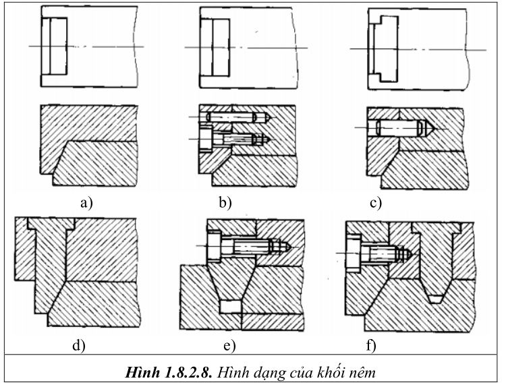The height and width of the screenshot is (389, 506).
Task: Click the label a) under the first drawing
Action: (x=86, y=203)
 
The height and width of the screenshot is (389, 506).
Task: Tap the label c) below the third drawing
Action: (x=376, y=203)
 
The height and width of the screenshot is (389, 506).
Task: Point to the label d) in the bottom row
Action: (x=79, y=345)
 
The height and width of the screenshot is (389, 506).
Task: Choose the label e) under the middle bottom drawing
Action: (x=230, y=346)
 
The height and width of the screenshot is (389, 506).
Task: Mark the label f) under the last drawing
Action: (x=371, y=345)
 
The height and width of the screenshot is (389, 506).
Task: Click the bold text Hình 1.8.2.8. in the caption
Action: (x=169, y=373)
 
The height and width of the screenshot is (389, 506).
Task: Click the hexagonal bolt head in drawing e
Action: (x=215, y=247)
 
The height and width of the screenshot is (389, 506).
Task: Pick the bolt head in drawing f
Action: (x=354, y=253)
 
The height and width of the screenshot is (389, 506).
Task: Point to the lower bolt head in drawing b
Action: (x=206, y=139)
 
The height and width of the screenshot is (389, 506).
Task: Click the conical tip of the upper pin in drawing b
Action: (x=269, y=117)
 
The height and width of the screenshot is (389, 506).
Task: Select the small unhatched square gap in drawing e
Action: (x=231, y=307)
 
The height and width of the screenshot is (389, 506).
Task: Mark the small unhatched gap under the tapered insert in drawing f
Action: (x=437, y=299)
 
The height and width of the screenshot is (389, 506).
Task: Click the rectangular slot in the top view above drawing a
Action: (x=54, y=47)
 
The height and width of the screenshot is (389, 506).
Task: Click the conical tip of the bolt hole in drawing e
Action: (x=286, y=247)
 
